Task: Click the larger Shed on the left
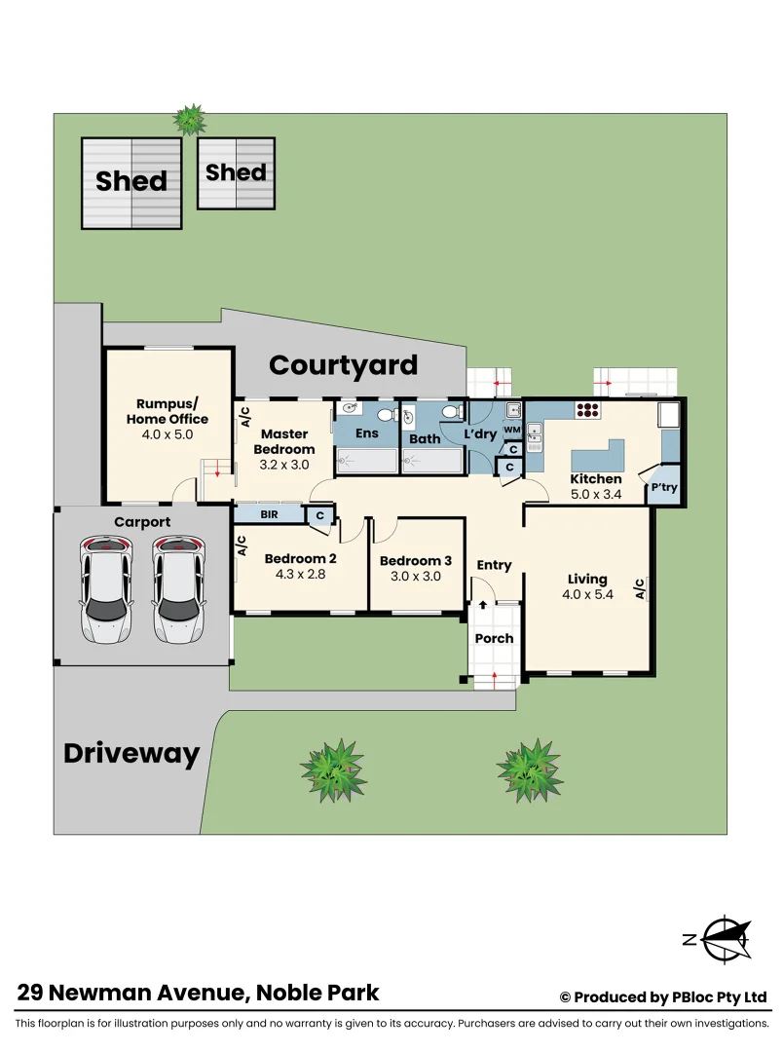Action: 130,182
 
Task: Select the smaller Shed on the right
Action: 236,172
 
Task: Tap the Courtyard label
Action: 343,364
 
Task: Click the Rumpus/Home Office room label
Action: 167,411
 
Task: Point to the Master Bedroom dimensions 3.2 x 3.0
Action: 283,465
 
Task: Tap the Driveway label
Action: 131,753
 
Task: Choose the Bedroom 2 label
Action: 300,558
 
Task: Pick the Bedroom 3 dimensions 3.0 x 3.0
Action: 416,576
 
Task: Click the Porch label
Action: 494,638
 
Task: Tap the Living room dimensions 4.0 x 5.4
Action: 588,594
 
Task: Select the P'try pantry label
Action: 664,486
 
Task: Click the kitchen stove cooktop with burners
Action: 587,410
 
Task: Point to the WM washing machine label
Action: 511,430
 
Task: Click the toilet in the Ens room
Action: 385,416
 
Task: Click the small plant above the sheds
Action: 189,119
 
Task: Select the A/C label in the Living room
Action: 640,588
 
